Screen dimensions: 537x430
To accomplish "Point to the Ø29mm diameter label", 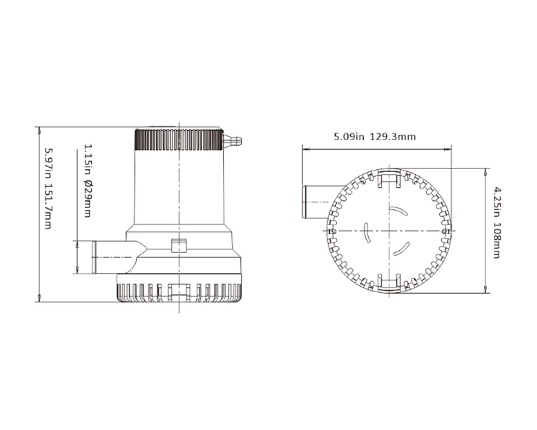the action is [x=88, y=199].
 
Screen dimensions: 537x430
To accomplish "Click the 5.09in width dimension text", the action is [x=349, y=137].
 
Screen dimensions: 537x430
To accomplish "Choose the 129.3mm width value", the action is [x=393, y=137].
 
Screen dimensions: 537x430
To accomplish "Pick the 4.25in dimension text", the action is [x=497, y=202].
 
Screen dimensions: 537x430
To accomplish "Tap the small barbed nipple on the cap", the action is [x=232, y=141].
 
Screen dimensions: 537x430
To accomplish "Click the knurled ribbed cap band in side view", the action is [x=179, y=139].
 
